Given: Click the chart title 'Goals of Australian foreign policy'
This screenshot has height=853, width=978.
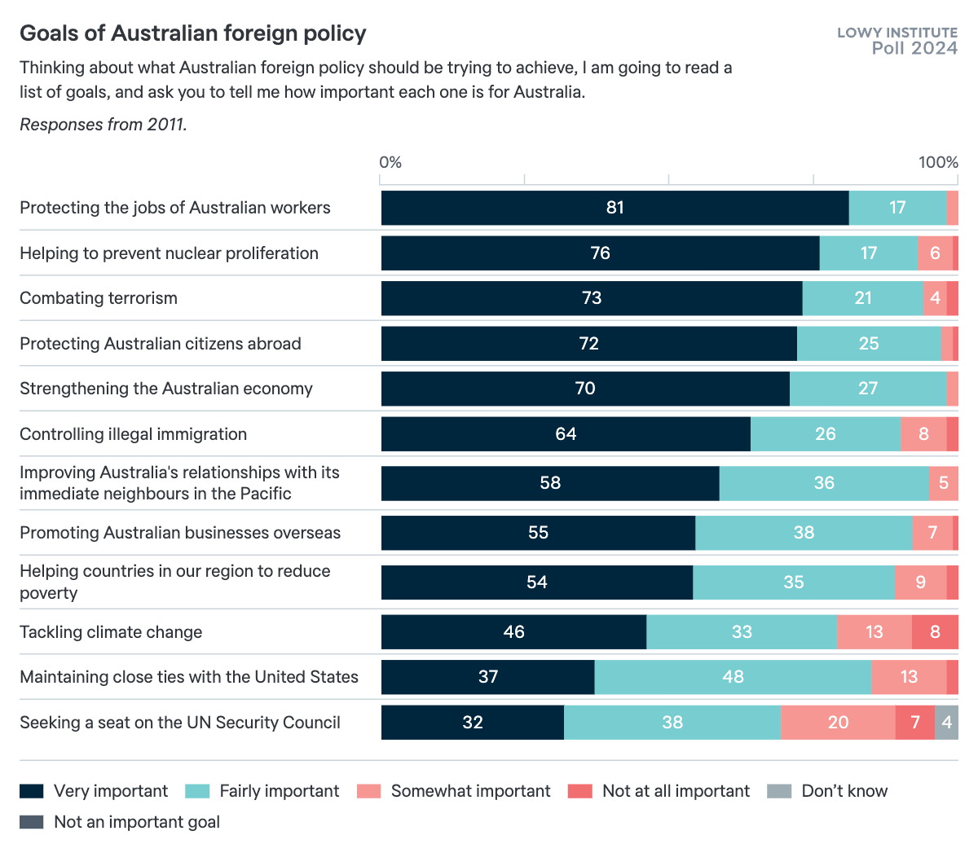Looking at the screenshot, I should coord(193,33).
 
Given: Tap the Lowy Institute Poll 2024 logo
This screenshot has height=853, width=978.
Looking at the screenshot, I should coord(896,40).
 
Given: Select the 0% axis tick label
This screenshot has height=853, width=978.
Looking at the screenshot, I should coord(390,162).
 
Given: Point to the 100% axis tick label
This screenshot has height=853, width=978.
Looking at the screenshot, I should coord(938,162).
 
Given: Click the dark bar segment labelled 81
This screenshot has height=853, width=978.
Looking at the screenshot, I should coord(615,208).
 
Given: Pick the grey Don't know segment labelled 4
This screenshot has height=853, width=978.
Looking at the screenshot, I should coord(946,723).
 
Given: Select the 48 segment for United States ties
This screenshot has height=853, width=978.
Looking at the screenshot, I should coord(733,677).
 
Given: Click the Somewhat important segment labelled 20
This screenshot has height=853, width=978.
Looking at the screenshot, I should coord(838,723).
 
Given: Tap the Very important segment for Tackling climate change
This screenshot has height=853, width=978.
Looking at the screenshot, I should coord(513,632).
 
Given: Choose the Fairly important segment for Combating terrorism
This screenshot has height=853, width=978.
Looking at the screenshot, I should coord(863,298).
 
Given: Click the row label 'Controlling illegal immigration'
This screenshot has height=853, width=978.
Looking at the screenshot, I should coord(133,434).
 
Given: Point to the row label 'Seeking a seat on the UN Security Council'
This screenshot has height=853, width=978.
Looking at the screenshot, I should coord(180,723).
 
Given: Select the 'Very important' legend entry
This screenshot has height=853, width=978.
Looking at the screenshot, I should coord(95,791).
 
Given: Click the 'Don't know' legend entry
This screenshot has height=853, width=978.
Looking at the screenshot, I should coord(828,791).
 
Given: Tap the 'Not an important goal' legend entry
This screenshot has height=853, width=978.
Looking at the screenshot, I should coord(121,822).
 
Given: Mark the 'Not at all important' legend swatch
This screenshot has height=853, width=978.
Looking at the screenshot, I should coord(580,791).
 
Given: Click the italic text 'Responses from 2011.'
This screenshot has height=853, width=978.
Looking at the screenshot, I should coord(104,125).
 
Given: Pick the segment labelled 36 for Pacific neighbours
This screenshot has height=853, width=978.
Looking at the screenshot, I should coord(823,483).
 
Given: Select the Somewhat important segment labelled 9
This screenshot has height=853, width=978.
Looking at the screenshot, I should coord(920,583).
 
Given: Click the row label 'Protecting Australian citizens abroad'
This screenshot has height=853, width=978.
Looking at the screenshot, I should coord(161,344).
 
